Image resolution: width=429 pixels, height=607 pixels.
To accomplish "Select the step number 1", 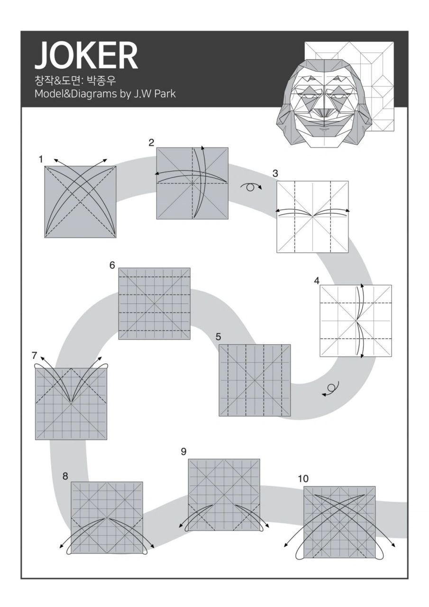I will point(41,159).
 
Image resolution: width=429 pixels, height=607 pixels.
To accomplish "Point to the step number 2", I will point(151,142).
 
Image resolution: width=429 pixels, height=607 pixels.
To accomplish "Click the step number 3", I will point(275,174).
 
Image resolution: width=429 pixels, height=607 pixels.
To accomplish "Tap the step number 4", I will point(316,280).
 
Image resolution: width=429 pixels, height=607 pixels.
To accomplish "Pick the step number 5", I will point(218,337).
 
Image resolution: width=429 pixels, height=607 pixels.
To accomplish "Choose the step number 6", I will point(112,265).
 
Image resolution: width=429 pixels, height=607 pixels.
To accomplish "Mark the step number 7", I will point(34,355).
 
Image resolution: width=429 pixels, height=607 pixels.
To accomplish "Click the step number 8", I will point(65,476).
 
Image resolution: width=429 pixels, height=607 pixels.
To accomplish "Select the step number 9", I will point(183,451).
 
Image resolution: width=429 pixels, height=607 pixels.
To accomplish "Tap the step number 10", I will point(303,478).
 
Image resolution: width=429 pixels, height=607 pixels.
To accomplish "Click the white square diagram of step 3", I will point(312,216).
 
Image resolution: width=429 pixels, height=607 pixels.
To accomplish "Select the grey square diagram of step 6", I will point(154,303).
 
